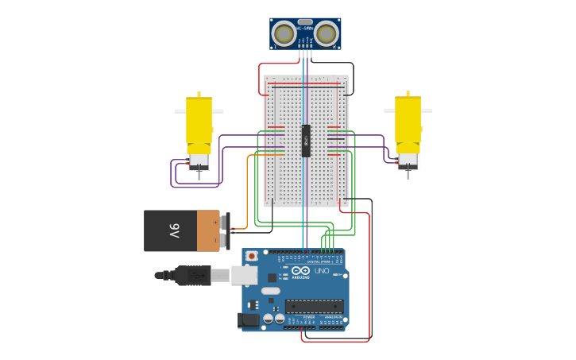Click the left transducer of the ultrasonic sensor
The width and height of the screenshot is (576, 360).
(283, 33)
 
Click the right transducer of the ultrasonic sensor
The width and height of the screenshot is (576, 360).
(326, 33)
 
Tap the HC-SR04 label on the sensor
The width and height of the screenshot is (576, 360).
(305, 29)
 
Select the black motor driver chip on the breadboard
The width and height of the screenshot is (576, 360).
(306, 141)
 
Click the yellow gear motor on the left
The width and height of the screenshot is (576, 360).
(199, 123)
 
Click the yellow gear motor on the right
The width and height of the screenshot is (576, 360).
(408, 123)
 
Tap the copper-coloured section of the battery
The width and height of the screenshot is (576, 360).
(208, 230)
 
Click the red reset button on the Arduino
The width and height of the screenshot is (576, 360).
(252, 256)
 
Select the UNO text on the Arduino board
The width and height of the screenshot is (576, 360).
(322, 271)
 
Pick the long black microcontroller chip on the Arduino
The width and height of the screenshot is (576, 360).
(314, 306)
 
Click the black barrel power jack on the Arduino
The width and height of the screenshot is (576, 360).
(249, 320)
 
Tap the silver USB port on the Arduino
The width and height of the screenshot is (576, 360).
(244, 276)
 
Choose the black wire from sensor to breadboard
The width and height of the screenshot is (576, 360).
(352, 75)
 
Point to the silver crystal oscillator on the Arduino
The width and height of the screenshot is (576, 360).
(270, 291)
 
